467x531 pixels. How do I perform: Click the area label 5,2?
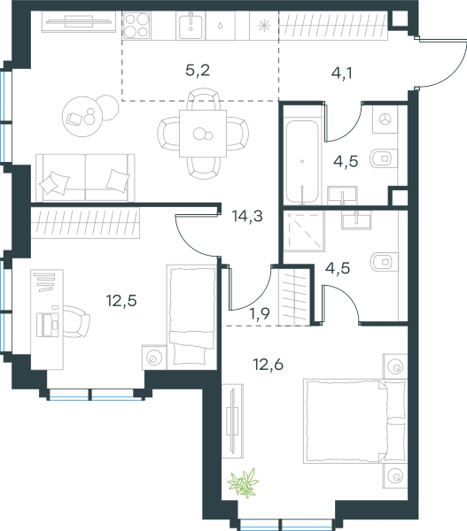[x=198, y=71]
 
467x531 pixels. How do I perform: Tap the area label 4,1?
[x=341, y=73]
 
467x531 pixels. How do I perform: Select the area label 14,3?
[x=247, y=216]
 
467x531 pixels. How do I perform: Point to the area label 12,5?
[x=121, y=300]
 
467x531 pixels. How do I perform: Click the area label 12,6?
[x=268, y=365]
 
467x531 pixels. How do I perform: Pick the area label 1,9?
[x=260, y=313]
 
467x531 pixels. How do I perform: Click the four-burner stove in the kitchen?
[x=136, y=25]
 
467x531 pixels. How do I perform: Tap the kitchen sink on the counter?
[x=191, y=26]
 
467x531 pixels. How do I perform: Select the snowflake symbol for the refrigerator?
[x=264, y=26]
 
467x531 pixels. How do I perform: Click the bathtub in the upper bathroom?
[x=302, y=162]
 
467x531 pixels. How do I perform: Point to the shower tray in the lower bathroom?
[x=304, y=231]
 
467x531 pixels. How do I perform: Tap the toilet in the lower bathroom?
[x=385, y=262]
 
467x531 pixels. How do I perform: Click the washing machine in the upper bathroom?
[x=385, y=119]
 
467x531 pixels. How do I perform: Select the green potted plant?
[x=243, y=483]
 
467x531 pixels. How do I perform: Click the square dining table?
[x=203, y=134]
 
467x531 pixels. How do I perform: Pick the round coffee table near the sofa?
[x=82, y=117]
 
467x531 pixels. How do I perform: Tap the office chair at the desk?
[x=76, y=321]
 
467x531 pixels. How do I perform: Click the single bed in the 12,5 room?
[x=192, y=317]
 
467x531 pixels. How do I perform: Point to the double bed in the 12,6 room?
[x=355, y=421]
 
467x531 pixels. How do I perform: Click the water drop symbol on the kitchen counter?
[x=220, y=26]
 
